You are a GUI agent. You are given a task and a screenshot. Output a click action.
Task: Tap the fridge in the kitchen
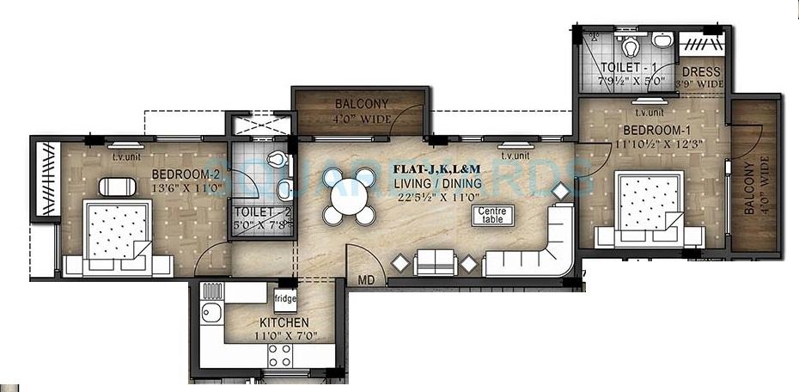285,300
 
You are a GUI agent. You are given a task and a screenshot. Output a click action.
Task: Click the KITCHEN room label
283,322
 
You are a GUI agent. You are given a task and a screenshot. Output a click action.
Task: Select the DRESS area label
702,72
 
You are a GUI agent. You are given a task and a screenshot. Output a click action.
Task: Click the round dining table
350,196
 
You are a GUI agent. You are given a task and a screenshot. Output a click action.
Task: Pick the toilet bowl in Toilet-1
629,42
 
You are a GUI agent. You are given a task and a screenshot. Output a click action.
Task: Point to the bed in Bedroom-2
118,236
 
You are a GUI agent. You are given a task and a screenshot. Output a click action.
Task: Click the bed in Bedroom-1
649,209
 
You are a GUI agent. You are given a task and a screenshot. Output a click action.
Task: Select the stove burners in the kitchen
280,356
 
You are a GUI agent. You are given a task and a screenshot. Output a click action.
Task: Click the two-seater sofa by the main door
436,262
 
